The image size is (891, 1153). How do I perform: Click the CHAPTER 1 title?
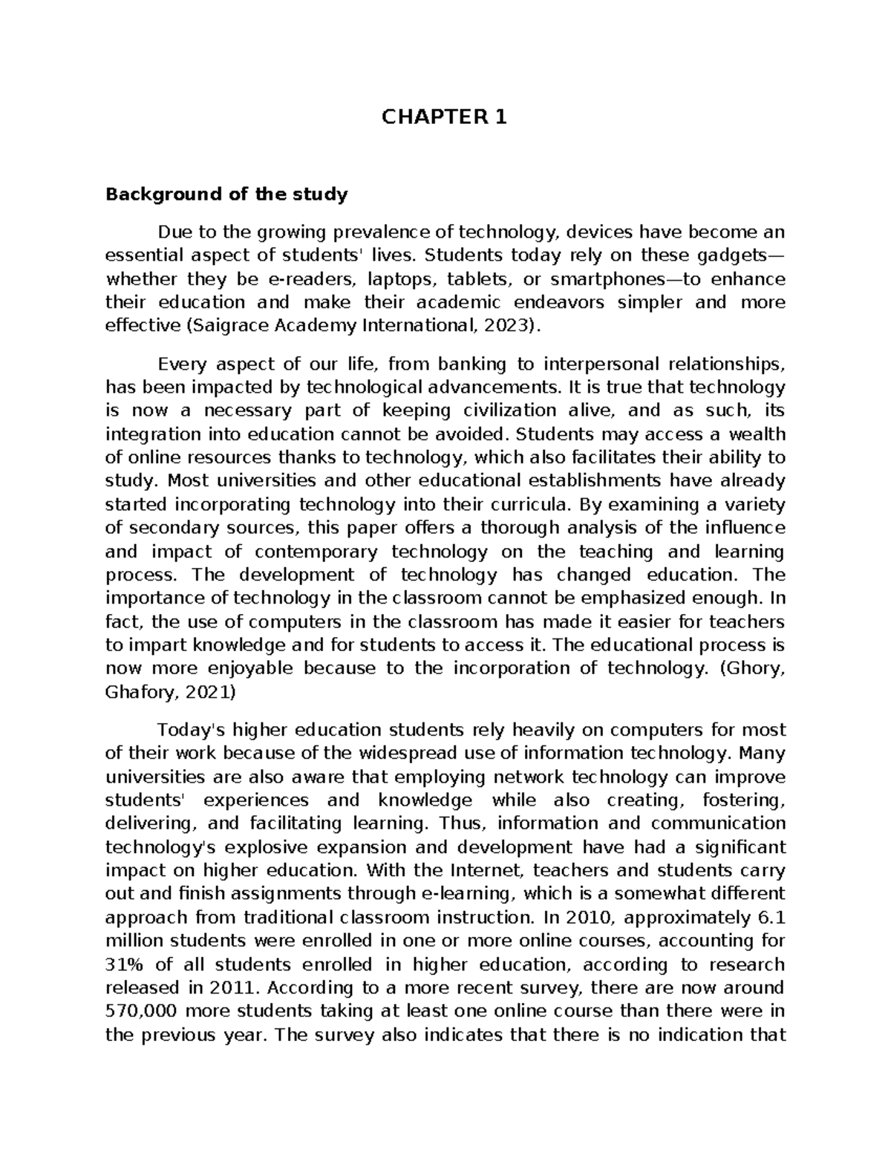445,117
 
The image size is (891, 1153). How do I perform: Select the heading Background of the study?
226,195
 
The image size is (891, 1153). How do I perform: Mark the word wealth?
756,434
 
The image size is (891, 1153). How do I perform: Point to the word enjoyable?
241,668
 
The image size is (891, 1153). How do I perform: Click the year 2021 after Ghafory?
210,692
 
